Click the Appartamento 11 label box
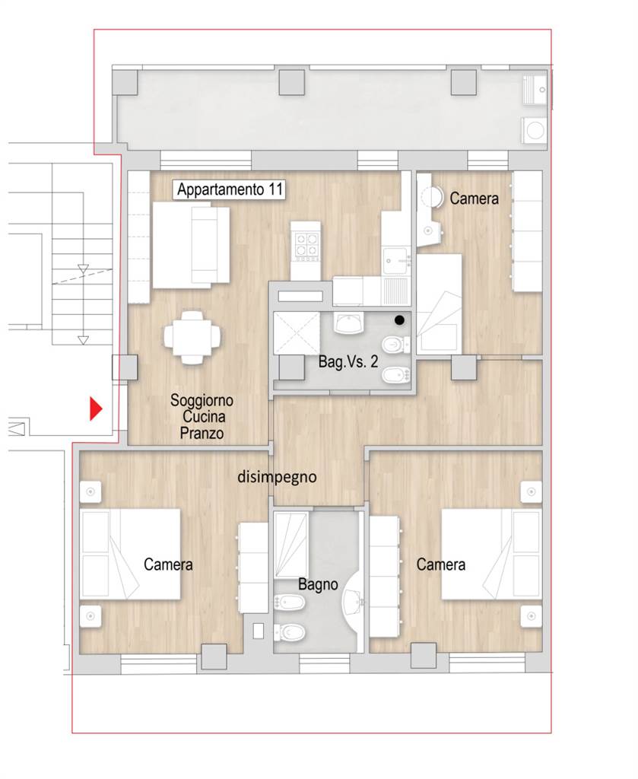point(229,189)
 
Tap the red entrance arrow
point(95,409)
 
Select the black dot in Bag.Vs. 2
point(399,320)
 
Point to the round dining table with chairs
point(192,337)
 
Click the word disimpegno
point(277,477)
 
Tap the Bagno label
point(318,584)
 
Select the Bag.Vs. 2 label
point(348,361)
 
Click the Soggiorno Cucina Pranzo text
point(202,416)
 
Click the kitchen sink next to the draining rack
point(395,260)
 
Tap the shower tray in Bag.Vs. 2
point(297,333)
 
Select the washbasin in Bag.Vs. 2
point(350,323)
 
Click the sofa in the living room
point(191,245)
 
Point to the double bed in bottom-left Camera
point(130,554)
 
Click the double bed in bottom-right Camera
point(491,554)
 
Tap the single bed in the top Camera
point(439,304)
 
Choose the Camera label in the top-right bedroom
point(474,199)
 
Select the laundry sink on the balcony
point(535,90)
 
